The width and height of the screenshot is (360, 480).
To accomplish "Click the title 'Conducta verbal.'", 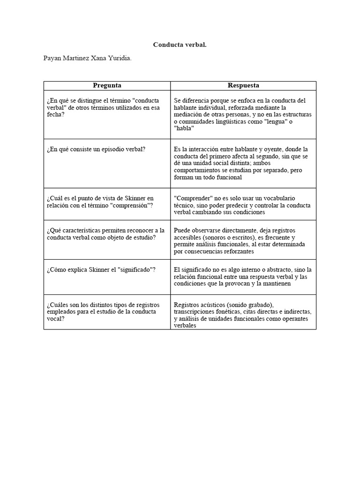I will point(180,45).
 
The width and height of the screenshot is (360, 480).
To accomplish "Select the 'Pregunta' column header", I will point(107,85).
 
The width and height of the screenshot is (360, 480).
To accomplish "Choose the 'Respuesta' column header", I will point(243,85).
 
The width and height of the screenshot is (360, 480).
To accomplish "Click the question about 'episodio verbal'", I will point(96,149).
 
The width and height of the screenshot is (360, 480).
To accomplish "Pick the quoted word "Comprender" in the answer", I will point(192,198).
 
